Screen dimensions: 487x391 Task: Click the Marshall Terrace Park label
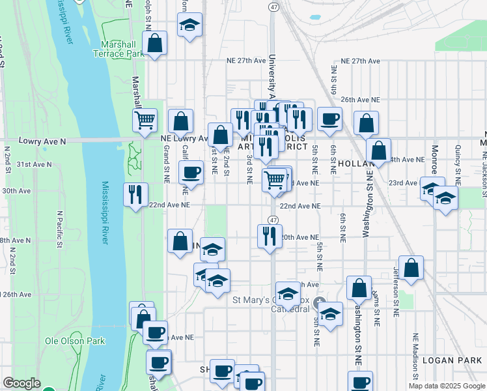pos(122,50)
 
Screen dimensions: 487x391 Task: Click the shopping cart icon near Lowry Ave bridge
pos(145,120)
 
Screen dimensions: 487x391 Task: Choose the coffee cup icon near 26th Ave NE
pos(329,119)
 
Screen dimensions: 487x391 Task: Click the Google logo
pos(21,384)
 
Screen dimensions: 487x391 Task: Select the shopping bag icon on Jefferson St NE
pos(411,267)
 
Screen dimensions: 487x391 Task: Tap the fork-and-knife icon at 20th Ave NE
pos(270,236)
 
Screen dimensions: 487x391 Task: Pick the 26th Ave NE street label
pos(360,100)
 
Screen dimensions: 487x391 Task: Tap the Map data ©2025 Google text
pos(446,386)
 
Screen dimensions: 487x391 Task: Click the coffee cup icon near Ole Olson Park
pos(155,332)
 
